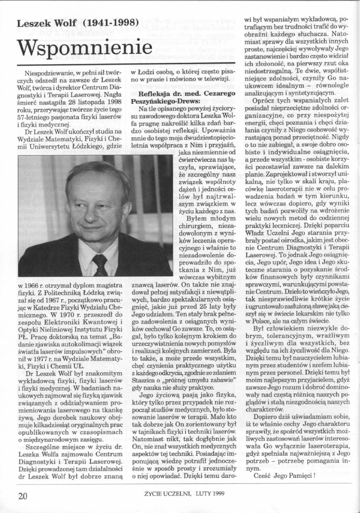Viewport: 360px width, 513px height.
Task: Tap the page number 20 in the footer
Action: click(x=23, y=496)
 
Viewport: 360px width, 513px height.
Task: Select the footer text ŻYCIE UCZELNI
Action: click(x=163, y=494)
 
